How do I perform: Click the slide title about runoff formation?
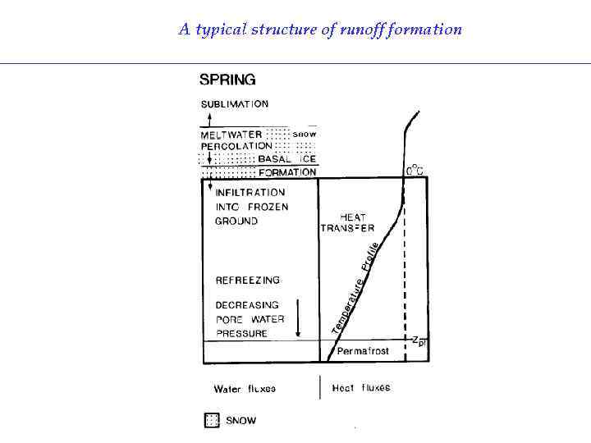[x=320, y=30]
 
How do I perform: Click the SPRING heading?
[x=227, y=80]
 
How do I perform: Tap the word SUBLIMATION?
[x=235, y=104]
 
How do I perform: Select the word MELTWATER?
[x=231, y=134]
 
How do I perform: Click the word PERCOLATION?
[x=237, y=145]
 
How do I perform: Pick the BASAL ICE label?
[x=286, y=158]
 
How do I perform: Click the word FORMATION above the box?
[x=286, y=172]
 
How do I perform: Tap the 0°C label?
[x=415, y=171]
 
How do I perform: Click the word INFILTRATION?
[x=250, y=193]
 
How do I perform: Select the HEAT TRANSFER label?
[x=347, y=222]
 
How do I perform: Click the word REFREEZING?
[x=247, y=281]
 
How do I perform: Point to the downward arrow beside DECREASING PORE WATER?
[x=297, y=319]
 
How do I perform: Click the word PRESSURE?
[x=241, y=333]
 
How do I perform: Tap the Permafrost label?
[x=363, y=350]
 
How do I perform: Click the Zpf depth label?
[x=419, y=339]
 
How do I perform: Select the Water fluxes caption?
[x=245, y=389]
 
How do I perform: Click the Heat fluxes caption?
[x=361, y=388]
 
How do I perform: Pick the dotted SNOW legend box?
[x=212, y=421]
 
